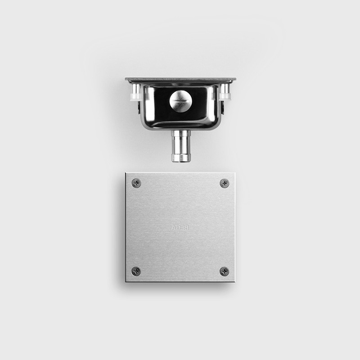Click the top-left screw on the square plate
pyautogui.click(x=136, y=183)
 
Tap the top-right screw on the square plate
pyautogui.click(x=224, y=183)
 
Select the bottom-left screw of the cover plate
pyautogui.click(x=136, y=271)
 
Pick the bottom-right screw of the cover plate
pyautogui.click(x=224, y=271)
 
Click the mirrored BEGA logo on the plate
pyautogui.click(x=180, y=228)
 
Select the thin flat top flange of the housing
pyautogui.click(x=180, y=80)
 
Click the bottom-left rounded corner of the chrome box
pyautogui.click(x=145, y=125)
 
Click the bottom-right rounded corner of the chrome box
pyautogui.click(x=216, y=125)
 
